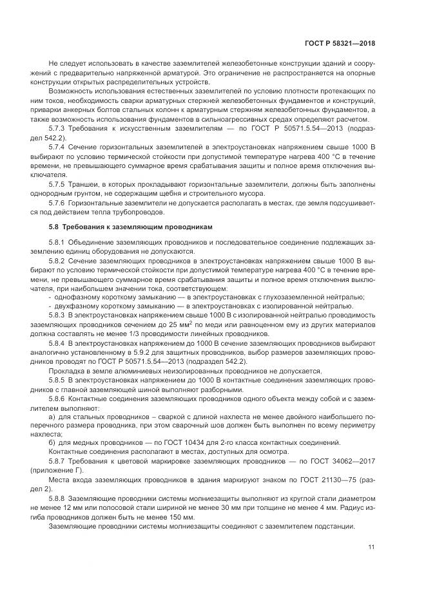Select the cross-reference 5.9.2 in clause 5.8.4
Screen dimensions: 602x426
[x=149, y=353]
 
